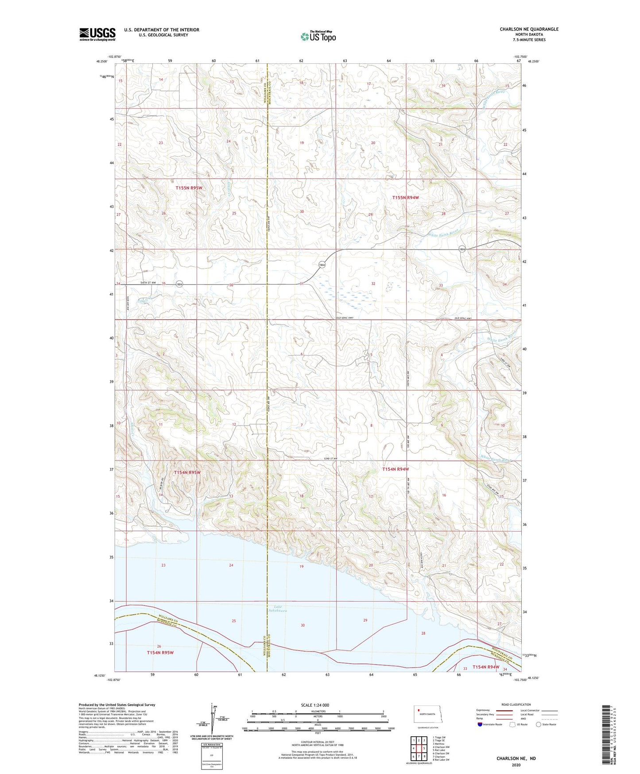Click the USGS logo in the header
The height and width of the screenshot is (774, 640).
[x=97, y=34]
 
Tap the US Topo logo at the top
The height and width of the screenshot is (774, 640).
[x=318, y=36]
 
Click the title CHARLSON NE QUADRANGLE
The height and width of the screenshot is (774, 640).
[x=529, y=29]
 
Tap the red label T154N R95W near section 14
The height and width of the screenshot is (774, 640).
[x=187, y=473]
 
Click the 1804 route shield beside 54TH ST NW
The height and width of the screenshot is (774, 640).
[x=179, y=284]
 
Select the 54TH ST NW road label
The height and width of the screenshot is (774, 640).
[x=149, y=282]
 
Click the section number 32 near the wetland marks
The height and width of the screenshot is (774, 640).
[x=373, y=284]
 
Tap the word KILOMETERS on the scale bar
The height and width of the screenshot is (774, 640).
[x=318, y=711]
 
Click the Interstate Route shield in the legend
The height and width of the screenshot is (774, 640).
[x=480, y=724]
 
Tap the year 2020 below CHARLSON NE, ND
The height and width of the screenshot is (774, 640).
[x=516, y=765]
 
